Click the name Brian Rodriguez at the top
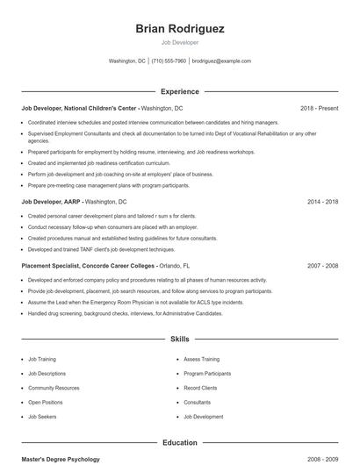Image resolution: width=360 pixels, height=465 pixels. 180,28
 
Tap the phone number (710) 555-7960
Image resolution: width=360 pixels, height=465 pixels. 169,61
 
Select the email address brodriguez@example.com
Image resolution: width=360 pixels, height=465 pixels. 221,61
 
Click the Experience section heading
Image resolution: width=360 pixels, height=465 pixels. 180,91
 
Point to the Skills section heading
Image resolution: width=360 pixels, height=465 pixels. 180,339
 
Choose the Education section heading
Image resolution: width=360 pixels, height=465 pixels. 180,443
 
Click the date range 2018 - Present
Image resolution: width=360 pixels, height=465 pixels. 319,108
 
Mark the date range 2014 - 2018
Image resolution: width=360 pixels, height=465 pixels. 322,201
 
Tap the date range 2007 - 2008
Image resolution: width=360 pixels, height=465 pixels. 322,265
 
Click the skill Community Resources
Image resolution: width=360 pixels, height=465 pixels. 54,388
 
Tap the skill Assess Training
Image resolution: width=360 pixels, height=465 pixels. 201,359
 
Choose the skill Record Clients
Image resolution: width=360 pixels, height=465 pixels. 200,388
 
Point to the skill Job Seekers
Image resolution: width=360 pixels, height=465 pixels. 42,417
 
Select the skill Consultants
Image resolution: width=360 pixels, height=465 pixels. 198,402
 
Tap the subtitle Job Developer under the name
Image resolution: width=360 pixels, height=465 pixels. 180,42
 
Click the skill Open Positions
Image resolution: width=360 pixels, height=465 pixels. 47,402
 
